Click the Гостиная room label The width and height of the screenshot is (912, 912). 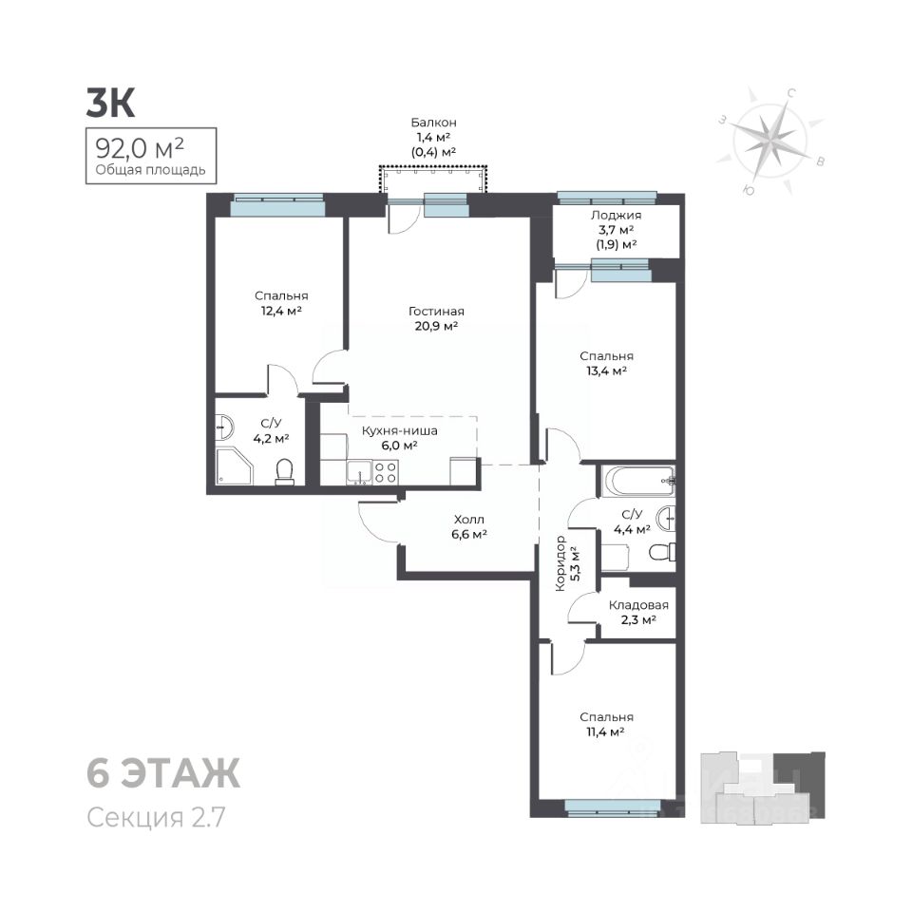click(x=436, y=312)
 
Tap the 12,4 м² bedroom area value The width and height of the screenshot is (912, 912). click(x=281, y=311)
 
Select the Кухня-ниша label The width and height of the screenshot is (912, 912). click(x=400, y=431)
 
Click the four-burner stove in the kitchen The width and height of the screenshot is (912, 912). click(x=385, y=472)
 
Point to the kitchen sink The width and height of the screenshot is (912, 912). click(x=360, y=472)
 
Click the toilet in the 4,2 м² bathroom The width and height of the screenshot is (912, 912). click(x=284, y=472)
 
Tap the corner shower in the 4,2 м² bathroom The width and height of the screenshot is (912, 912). click(x=235, y=466)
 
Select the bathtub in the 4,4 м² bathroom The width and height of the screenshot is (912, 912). click(x=639, y=481)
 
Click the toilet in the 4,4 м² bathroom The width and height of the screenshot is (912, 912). click(x=662, y=551)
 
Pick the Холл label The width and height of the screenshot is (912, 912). click(x=468, y=520)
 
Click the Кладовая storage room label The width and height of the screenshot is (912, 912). click(x=638, y=605)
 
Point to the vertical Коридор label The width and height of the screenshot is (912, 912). click(x=560, y=563)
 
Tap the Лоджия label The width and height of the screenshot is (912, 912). click(x=616, y=215)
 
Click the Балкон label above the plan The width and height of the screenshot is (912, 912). click(x=434, y=123)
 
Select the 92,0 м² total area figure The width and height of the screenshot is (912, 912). click(x=140, y=149)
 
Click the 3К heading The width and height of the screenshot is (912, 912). click(x=110, y=103)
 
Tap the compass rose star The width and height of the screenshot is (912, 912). click(x=770, y=141)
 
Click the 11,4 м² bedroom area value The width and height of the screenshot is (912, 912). click(x=605, y=731)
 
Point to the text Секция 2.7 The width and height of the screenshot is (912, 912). click(x=156, y=817)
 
